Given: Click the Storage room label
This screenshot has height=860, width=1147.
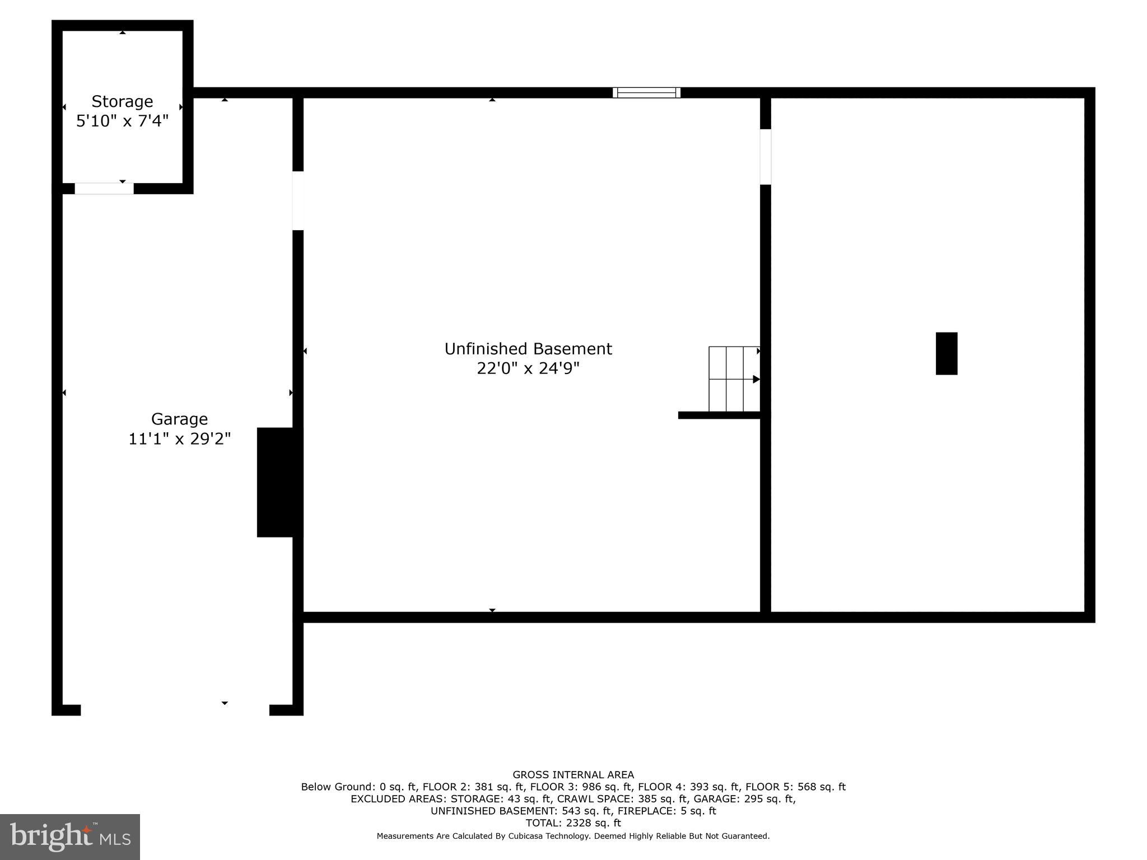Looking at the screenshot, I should pyautogui.click(x=122, y=101).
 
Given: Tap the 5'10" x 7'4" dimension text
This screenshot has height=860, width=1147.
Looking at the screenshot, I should pyautogui.click(x=122, y=121).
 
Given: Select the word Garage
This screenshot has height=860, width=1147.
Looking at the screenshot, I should pyautogui.click(x=179, y=419).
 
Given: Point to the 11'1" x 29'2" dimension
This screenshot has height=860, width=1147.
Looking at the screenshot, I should pyautogui.click(x=179, y=438).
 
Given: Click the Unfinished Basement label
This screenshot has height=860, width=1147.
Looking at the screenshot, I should pyautogui.click(x=528, y=349).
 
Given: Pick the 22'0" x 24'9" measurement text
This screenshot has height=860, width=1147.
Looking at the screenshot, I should pyautogui.click(x=528, y=368).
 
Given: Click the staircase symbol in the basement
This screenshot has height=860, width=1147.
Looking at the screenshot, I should pyautogui.click(x=734, y=379).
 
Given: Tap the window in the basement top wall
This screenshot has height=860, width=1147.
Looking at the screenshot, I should pyautogui.click(x=646, y=93).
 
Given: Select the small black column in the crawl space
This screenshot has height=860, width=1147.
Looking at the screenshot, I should pyautogui.click(x=946, y=353).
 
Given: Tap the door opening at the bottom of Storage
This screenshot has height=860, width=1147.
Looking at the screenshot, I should pyautogui.click(x=104, y=189).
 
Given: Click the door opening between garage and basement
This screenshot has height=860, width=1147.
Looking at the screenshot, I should pyautogui.click(x=298, y=200).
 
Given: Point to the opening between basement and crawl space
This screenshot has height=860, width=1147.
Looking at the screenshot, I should pyautogui.click(x=766, y=157).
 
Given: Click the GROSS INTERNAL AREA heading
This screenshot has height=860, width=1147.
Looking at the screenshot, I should pyautogui.click(x=573, y=775).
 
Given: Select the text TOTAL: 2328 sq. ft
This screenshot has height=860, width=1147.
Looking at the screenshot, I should pyautogui.click(x=573, y=823).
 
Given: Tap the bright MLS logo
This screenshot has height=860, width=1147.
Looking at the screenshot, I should pyautogui.click(x=70, y=837).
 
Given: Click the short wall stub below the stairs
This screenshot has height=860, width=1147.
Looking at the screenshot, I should pyautogui.click(x=720, y=415).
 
